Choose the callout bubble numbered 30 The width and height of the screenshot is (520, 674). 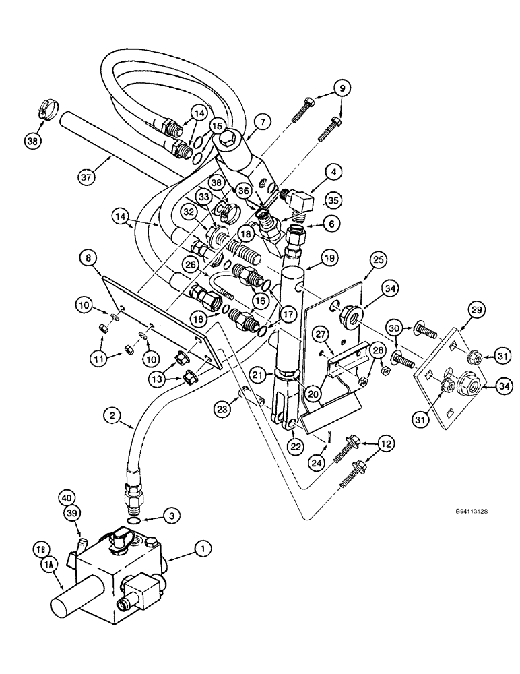coord(397,328)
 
